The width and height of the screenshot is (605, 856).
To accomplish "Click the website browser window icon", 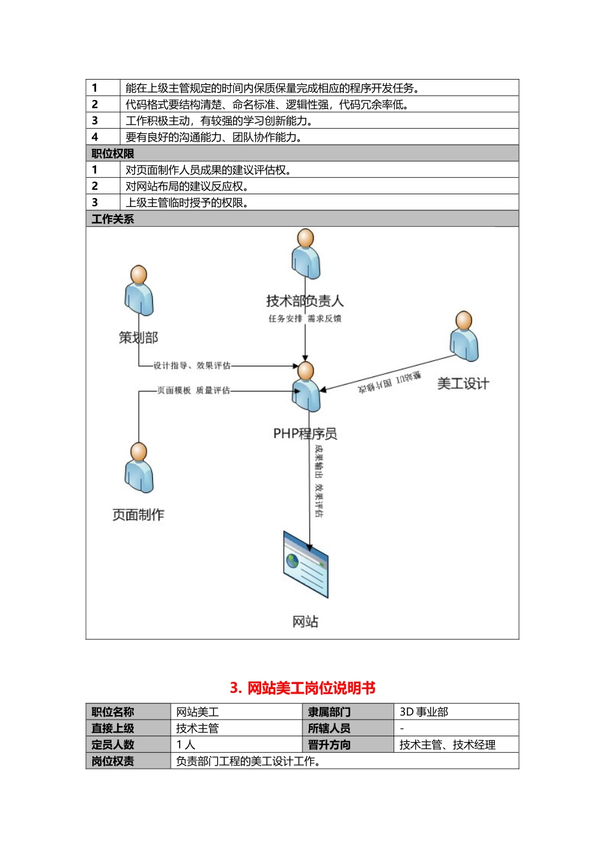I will click(x=306, y=565).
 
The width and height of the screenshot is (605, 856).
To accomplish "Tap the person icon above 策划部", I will click(x=139, y=290).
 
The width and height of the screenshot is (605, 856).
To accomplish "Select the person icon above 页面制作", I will click(x=139, y=467).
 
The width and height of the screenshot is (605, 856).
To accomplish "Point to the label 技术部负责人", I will click(x=304, y=301).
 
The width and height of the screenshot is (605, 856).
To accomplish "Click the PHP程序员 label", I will click(x=305, y=434).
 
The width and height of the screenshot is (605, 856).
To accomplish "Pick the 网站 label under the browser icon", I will click(x=305, y=622).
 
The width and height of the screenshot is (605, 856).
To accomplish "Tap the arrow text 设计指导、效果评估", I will click(x=192, y=366).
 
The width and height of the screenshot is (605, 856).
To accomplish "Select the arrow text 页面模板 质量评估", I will click(x=194, y=390).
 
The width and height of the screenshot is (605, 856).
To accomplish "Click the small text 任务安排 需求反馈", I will click(x=304, y=318).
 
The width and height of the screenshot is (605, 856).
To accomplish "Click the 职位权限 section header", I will click(x=113, y=153).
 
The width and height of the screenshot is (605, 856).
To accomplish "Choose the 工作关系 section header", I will click(x=113, y=219).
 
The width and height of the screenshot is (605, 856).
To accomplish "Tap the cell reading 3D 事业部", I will click(x=423, y=712).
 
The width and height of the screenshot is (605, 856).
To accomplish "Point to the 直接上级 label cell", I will click(x=113, y=729).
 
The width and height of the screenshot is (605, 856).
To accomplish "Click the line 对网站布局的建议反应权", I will click(x=187, y=186).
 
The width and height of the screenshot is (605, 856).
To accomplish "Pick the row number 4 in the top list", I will click(x=95, y=137).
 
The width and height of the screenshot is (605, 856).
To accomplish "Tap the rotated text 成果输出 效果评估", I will click(x=318, y=481).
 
